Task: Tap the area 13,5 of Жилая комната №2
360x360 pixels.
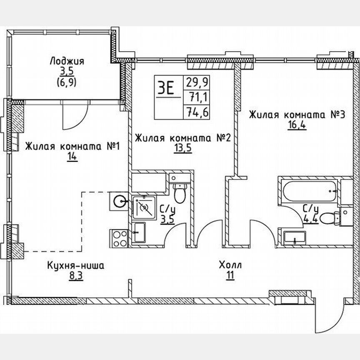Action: [x=183, y=149]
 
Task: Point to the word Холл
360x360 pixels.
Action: [x=230, y=265]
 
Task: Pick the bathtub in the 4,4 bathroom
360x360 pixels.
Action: [x=309, y=191]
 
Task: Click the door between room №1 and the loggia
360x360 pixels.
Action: [x=74, y=116]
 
